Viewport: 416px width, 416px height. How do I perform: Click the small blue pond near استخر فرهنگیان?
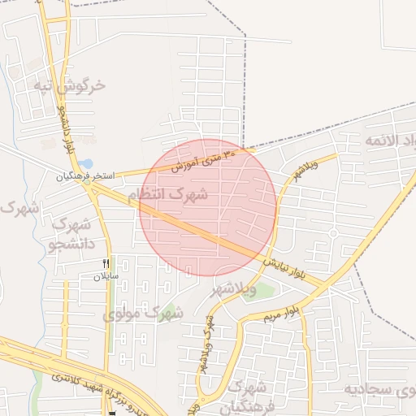point(87,163)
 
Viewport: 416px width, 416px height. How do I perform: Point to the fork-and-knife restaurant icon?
point(106,263)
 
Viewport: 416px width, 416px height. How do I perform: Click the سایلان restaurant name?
point(106,276)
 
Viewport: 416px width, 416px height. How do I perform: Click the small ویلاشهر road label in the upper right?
point(305,173)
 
